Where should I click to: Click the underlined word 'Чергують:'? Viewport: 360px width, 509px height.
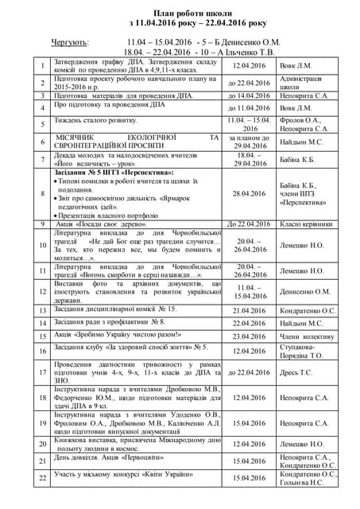point(70,40)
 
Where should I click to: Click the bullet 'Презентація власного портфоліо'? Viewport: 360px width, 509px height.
point(109,216)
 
